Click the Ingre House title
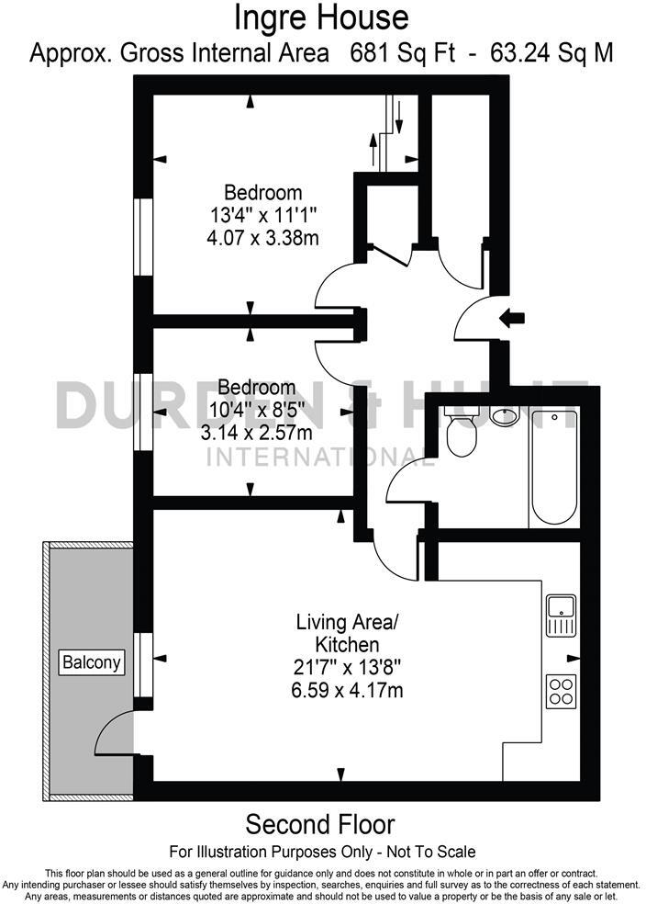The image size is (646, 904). click(x=321, y=17)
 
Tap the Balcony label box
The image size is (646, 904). click(x=92, y=661)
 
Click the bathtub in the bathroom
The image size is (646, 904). click(x=553, y=467)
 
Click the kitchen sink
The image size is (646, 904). click(x=561, y=615)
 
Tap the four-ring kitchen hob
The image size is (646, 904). click(x=561, y=690)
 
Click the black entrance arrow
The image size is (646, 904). click(x=512, y=318)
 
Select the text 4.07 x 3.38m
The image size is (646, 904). click(x=263, y=238)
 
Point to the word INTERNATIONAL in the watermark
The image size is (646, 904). click(x=317, y=456)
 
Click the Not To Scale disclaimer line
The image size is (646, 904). click(x=322, y=852)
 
